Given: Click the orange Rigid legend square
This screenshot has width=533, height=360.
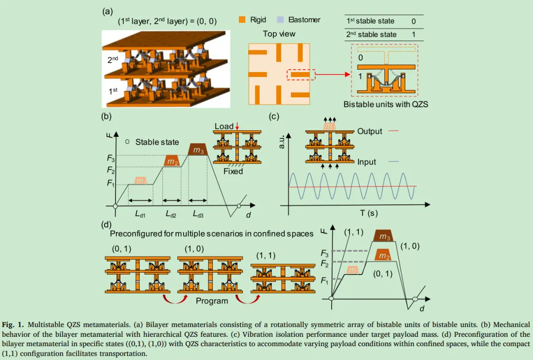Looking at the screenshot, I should [242, 20].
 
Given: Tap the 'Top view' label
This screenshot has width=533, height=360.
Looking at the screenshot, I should [279, 34].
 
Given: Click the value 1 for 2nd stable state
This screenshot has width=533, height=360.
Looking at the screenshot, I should [413, 35].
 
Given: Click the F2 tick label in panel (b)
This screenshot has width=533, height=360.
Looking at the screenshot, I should [111, 170].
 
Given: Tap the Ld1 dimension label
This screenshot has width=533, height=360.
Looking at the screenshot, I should [140, 214].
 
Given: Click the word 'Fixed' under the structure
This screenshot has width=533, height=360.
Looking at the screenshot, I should [233, 171].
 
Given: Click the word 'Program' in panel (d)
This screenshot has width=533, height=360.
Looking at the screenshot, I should [212, 301].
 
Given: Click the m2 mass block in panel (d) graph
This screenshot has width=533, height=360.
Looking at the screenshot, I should [383, 255].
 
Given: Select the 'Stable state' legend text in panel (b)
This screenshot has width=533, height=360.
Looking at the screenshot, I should [157, 142].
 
